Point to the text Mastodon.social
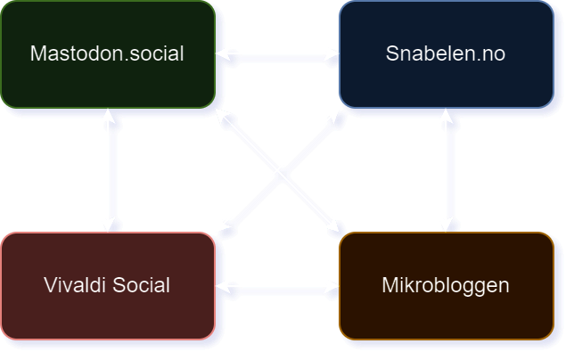pos(107,53)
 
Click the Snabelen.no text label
pos(446,53)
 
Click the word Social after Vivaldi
pos(140,286)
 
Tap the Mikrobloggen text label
pos(446,286)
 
